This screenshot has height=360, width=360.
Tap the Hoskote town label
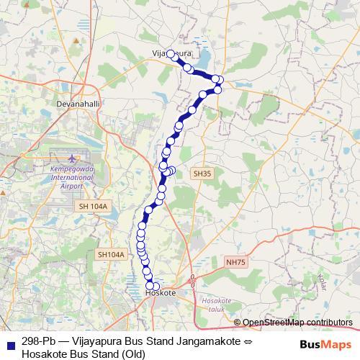[161, 294]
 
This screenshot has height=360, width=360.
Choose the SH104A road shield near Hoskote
[111, 254]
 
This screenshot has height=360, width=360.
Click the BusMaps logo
[326, 344]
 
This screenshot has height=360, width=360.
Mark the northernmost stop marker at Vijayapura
[171, 53]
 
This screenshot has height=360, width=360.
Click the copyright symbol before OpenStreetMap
[238, 323]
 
